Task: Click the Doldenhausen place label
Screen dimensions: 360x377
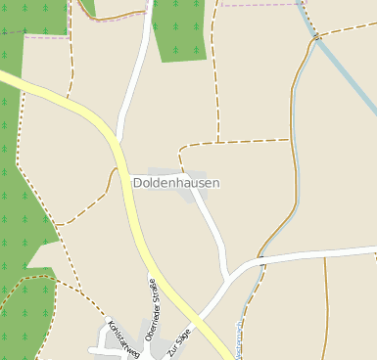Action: pyautogui.click(x=176, y=183)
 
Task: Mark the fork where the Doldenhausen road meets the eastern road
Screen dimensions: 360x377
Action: pyautogui.click(x=231, y=275)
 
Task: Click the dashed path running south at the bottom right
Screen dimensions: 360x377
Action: pyautogui.click(x=327, y=313)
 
